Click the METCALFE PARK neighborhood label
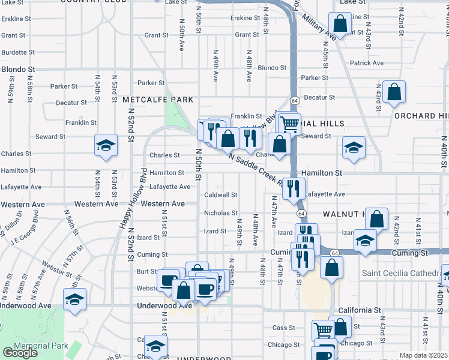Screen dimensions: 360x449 click(158, 99)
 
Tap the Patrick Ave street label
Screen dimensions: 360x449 click(367, 63)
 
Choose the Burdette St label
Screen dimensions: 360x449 click(19, 52)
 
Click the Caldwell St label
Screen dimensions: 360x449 click(221, 195)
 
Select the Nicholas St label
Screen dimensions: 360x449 click(221, 213)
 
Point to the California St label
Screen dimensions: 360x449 click(360, 310)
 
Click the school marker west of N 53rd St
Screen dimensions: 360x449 click(106, 146)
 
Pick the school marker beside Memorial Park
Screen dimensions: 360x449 click(75, 299)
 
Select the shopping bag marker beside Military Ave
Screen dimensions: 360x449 click(340, 25)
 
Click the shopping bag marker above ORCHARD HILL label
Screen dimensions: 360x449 click(394, 92)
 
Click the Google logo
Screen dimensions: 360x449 click(20, 353)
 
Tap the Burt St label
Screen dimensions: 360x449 click(146, 272)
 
